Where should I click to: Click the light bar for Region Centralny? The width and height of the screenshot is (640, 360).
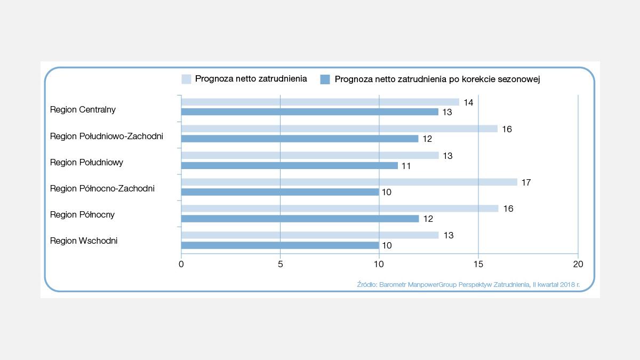click(320, 102)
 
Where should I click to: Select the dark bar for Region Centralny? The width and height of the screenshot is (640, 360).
click(310, 112)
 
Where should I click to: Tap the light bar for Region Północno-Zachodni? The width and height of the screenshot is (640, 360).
click(349, 182)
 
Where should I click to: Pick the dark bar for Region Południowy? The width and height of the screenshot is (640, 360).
click(290, 165)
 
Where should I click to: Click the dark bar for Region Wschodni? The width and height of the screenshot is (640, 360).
click(280, 245)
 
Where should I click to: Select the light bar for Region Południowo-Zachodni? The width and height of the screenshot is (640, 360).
click(339, 129)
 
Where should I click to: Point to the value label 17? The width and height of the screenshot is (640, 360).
click(526, 182)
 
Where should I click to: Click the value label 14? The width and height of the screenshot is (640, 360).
click(468, 102)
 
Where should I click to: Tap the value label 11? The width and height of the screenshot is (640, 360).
click(406, 166)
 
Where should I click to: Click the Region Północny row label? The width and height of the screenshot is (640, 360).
click(82, 214)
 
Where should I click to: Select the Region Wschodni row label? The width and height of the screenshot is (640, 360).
click(84, 241)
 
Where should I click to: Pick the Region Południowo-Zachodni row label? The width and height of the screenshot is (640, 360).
click(106, 136)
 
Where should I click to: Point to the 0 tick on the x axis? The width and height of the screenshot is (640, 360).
click(181, 264)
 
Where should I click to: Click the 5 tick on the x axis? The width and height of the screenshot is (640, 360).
click(280, 264)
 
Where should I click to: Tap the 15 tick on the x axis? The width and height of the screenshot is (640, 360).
click(478, 264)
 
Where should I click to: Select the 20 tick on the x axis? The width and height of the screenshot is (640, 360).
click(578, 264)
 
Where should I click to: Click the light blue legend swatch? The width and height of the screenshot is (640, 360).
click(186, 79)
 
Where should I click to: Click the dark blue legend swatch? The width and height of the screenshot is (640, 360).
click(325, 79)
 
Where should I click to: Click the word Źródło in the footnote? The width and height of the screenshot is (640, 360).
click(366, 285)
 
